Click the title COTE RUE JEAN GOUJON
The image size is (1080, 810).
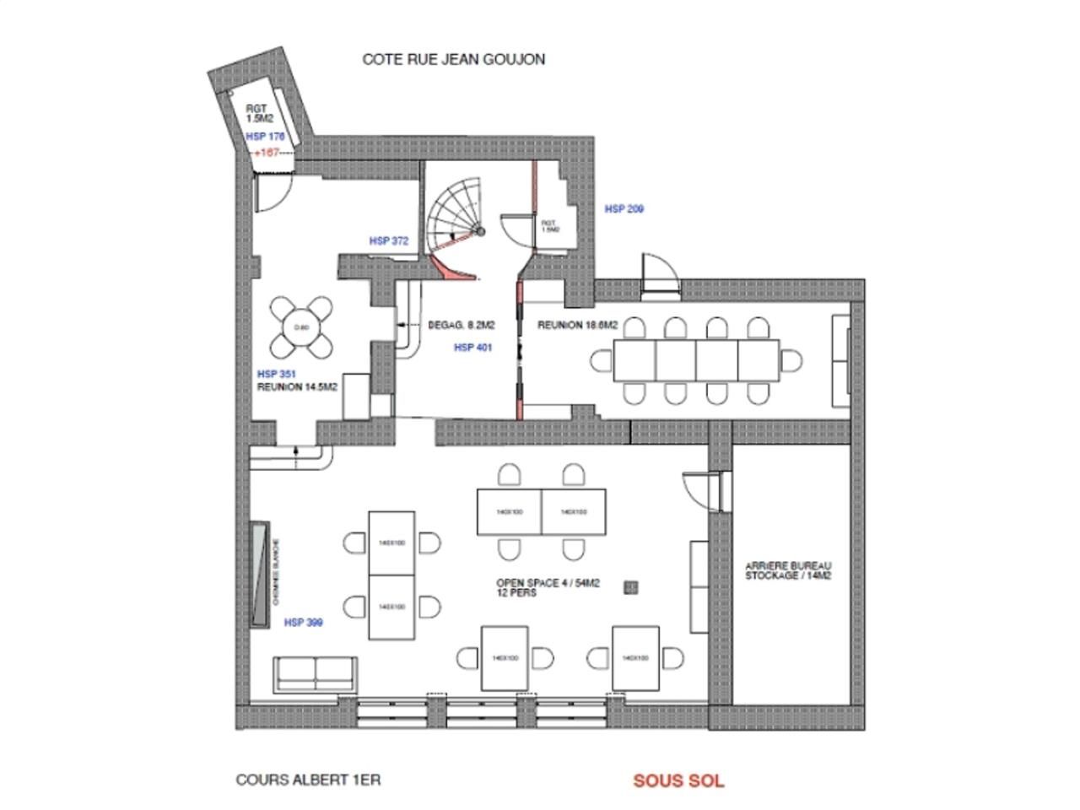453,59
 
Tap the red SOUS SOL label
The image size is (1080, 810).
678,780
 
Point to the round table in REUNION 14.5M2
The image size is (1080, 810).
300,327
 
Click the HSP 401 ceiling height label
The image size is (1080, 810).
472,348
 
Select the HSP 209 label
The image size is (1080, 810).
624,208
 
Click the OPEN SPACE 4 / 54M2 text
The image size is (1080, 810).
548,583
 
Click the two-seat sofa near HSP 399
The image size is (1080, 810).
314,672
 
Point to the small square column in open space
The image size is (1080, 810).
629,587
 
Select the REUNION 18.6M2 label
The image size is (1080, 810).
578,325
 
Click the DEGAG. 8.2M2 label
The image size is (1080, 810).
461,325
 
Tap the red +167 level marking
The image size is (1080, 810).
271,153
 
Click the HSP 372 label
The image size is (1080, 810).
389,240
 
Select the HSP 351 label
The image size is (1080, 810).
276,374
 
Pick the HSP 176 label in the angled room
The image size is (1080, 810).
265,136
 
